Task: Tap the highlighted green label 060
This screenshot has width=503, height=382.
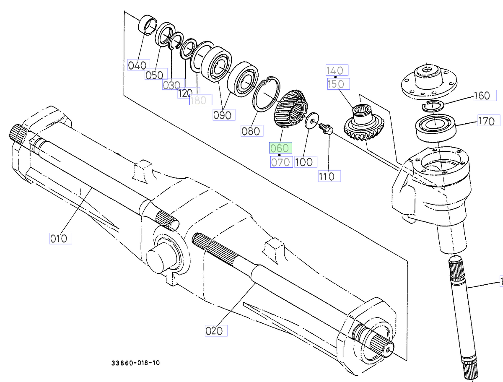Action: click(280, 148)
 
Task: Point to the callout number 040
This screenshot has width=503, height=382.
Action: click(137, 65)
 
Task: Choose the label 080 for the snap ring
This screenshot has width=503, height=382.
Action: click(251, 131)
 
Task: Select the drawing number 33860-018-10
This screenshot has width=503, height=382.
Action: click(135, 363)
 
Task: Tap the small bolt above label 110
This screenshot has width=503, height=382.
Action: click(325, 128)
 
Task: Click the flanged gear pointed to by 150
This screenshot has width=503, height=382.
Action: click(363, 123)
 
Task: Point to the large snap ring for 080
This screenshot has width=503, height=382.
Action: click(267, 95)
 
